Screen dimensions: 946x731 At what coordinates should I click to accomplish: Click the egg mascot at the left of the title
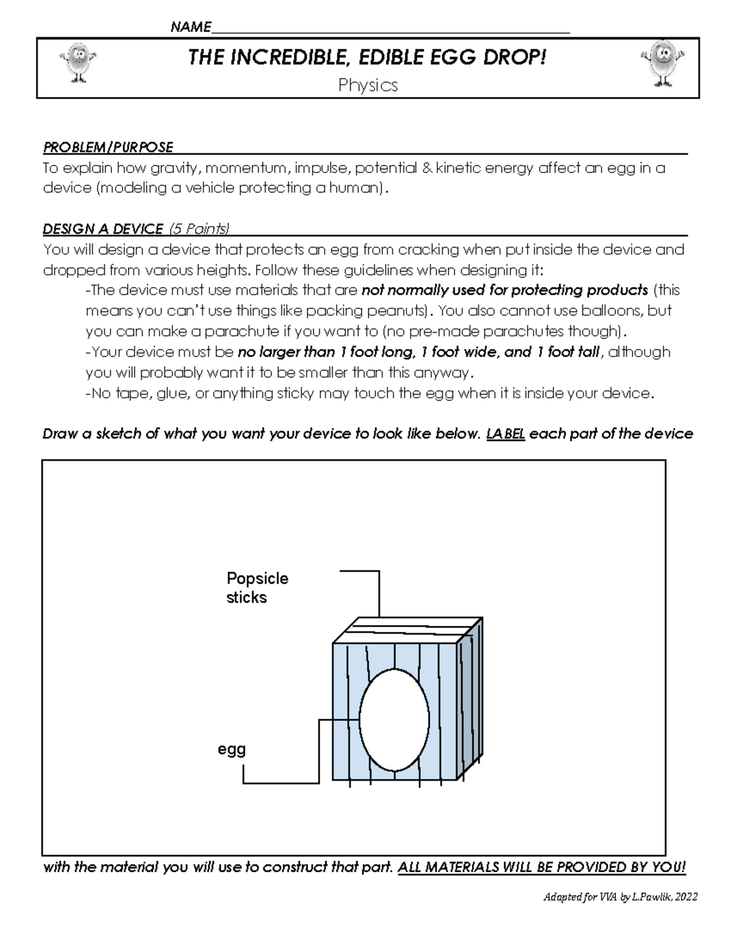(x=77, y=62)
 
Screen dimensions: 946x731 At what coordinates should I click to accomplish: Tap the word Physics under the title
(x=368, y=85)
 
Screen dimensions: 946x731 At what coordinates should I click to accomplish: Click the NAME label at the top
(x=191, y=27)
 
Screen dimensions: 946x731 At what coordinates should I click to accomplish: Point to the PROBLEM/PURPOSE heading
(x=108, y=147)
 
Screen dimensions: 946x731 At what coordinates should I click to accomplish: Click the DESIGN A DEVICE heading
(x=103, y=229)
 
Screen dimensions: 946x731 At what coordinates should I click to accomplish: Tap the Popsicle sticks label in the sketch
(x=256, y=588)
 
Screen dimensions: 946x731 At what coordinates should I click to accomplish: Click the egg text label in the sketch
(x=231, y=749)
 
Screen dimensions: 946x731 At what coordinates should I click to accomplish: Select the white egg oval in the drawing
(x=394, y=721)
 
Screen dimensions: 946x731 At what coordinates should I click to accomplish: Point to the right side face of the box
(x=470, y=701)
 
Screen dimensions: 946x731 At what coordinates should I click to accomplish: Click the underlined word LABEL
(x=506, y=434)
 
